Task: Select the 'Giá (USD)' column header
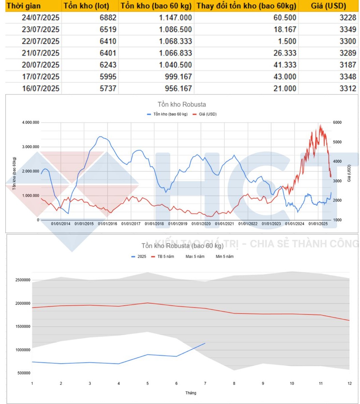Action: click(x=328, y=6)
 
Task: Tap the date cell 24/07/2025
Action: click(x=40, y=18)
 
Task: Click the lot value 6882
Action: click(x=108, y=18)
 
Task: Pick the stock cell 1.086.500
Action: click(x=175, y=29)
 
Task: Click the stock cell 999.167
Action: click(x=178, y=76)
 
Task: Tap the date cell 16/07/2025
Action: click(x=40, y=88)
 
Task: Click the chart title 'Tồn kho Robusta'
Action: click(x=182, y=104)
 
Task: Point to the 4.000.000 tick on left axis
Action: click(x=31, y=123)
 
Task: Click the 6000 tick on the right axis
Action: click(x=337, y=123)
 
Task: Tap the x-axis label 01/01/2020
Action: click(x=201, y=224)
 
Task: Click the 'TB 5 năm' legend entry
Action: click(x=166, y=257)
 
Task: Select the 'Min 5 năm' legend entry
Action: click(x=224, y=257)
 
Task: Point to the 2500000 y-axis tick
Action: click(x=23, y=280)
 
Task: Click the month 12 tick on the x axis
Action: click(x=350, y=383)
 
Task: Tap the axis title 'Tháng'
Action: click(x=190, y=393)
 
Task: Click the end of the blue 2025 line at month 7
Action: click(x=205, y=343)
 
